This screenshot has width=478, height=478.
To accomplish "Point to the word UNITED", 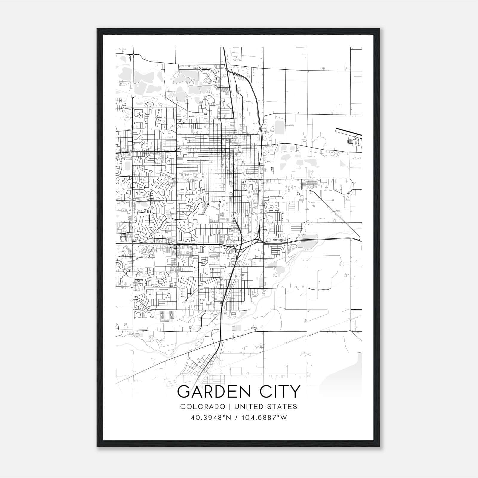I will point(247,407).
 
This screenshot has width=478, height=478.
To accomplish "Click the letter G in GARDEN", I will point(183,392).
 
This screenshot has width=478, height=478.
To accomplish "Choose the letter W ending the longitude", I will point(284,417).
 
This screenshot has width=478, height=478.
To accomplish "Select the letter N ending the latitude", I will point(229,417).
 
